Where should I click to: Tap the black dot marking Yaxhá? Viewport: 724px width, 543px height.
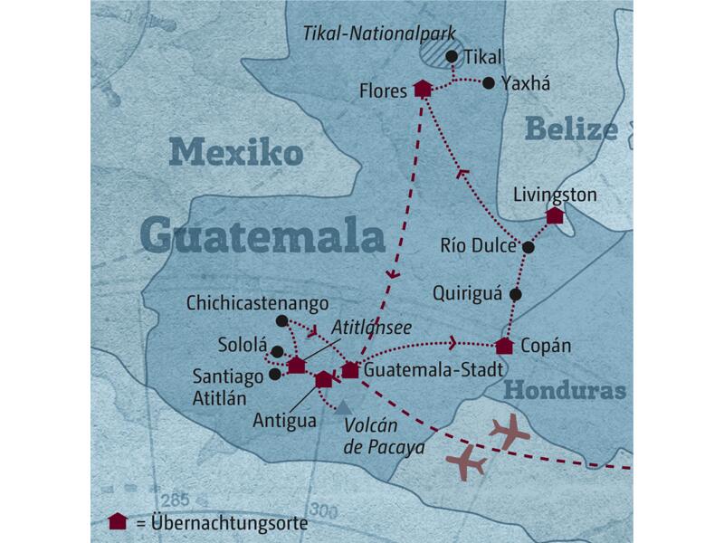[489, 83]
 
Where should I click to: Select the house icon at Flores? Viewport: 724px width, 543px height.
[422, 89]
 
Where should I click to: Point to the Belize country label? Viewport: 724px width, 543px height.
[570, 130]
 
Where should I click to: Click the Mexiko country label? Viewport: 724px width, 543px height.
[236, 152]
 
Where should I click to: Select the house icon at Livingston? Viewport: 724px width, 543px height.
[555, 215]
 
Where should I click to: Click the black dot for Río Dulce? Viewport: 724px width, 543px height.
[529, 246]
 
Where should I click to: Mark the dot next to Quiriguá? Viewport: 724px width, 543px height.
[515, 294]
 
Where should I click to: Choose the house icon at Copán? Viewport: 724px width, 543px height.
[505, 346]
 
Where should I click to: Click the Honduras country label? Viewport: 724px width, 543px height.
[565, 391]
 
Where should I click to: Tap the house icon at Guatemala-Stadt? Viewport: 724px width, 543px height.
[350, 369]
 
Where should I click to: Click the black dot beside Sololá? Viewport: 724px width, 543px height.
[277, 352]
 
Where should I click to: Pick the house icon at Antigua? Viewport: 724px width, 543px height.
[323, 380]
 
